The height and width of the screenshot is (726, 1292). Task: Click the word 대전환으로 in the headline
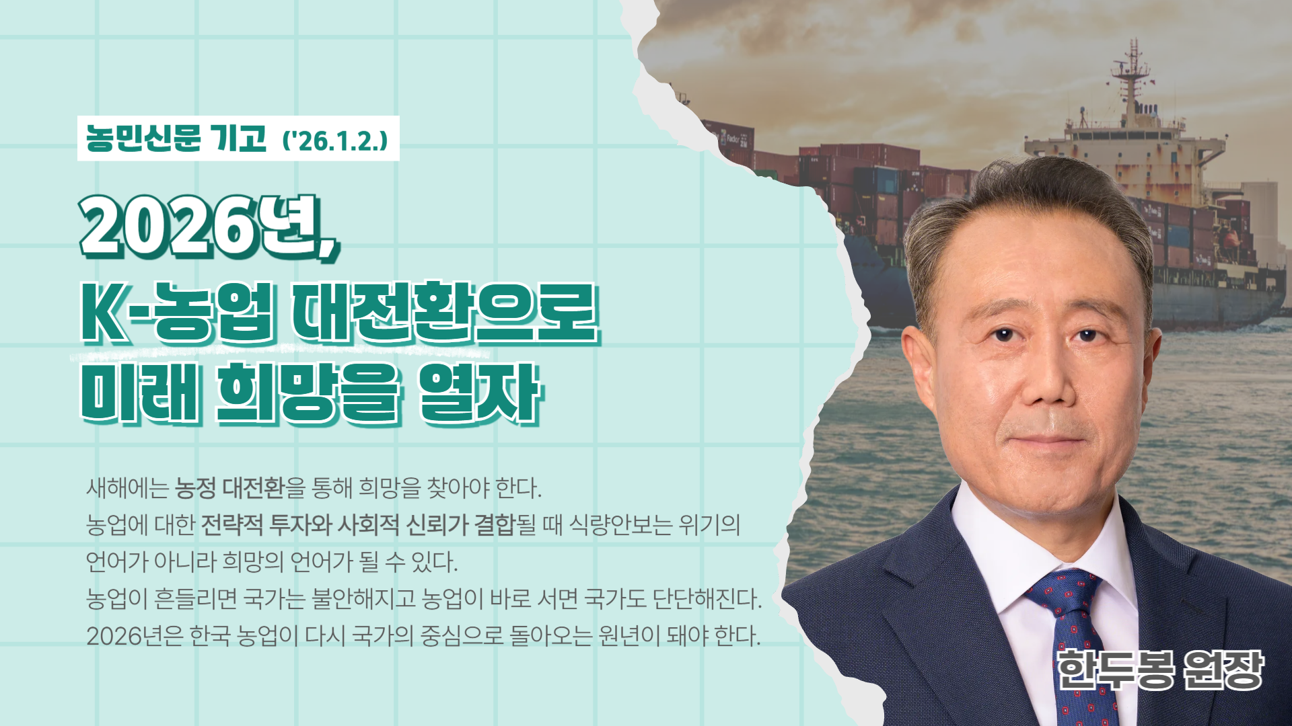click(444, 313)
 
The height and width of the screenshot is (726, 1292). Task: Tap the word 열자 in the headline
click(479, 393)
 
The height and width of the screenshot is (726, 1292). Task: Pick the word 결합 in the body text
click(495, 524)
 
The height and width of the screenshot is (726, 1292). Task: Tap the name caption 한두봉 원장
click(1161, 670)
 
